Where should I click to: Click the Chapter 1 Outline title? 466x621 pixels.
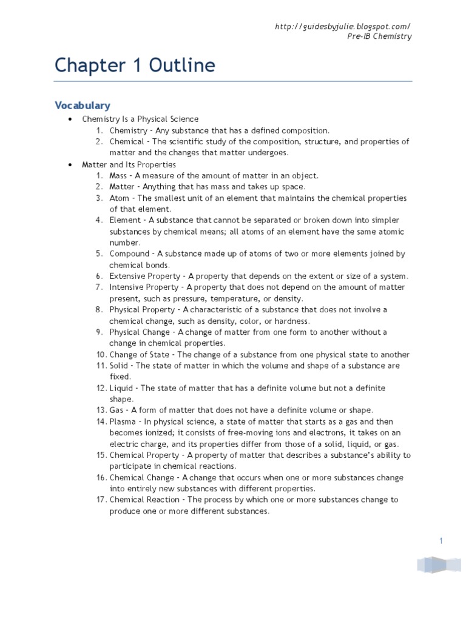pyautogui.click(x=135, y=65)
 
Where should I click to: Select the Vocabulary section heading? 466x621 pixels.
pyautogui.click(x=83, y=106)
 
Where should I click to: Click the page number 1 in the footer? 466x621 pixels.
pyautogui.click(x=441, y=541)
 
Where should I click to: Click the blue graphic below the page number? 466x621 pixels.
pyautogui.click(x=439, y=565)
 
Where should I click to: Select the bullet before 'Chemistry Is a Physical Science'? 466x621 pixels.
pyautogui.click(x=71, y=119)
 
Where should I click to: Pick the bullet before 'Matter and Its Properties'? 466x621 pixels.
pyautogui.click(x=71, y=164)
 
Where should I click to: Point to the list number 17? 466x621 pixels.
pyautogui.click(x=101, y=500)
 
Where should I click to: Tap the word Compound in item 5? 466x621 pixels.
pyautogui.click(x=129, y=254)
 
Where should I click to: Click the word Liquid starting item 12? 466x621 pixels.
pyautogui.click(x=121, y=388)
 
